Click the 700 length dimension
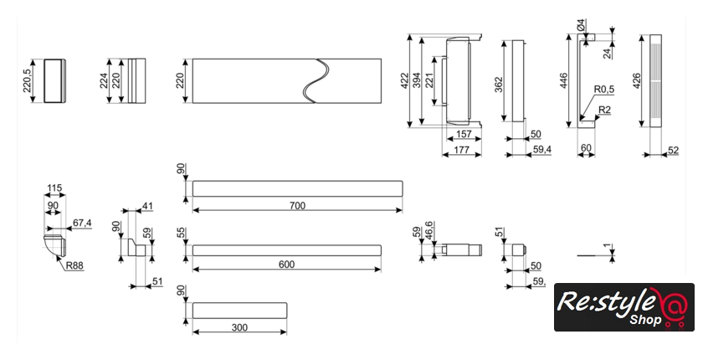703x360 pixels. [x=298, y=206]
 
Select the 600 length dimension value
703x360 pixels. [x=287, y=265]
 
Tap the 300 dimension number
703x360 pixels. [x=239, y=328]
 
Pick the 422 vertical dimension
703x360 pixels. [x=405, y=80]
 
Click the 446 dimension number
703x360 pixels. [x=564, y=80]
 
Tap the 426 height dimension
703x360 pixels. [x=637, y=81]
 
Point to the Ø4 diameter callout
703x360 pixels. [x=582, y=28]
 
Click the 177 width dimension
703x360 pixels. [x=462, y=151]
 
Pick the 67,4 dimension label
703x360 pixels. [x=81, y=224]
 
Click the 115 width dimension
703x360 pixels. [x=55, y=188]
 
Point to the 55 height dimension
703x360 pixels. [x=180, y=233]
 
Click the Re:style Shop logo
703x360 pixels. [x=623, y=308]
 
